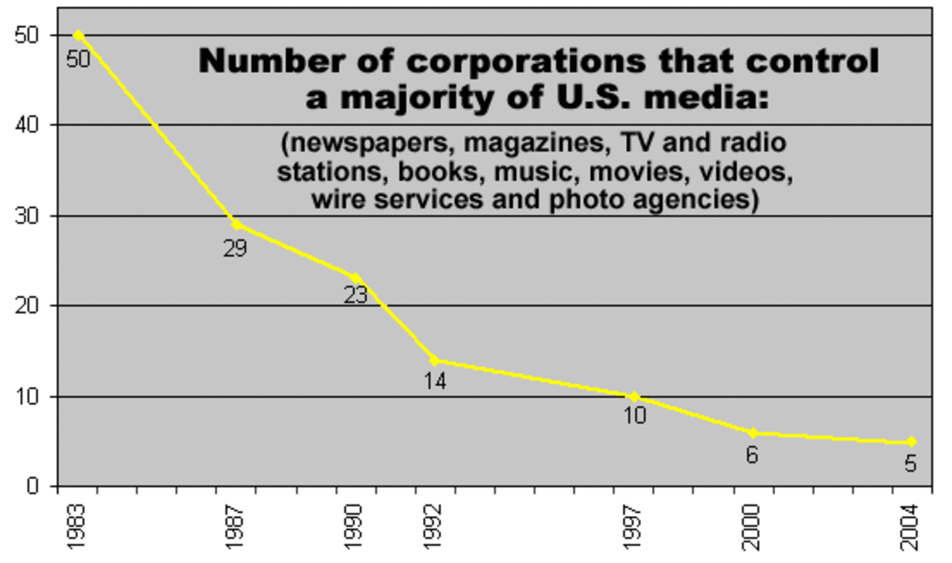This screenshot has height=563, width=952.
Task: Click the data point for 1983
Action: pos(79,36)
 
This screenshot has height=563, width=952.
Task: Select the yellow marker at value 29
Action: pos(236,224)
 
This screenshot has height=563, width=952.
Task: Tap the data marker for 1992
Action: pos(434,360)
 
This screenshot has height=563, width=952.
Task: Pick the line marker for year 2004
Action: pos(912,442)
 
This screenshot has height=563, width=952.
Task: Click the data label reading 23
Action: pos(356,295)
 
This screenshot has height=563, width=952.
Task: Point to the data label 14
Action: pos(435,381)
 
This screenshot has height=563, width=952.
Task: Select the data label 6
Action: pos(751,456)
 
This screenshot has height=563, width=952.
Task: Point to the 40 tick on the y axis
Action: pos(29,125)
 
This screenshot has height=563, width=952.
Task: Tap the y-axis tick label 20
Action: pos(29,305)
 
